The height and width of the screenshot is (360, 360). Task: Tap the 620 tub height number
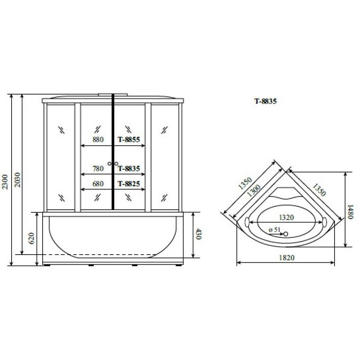point(31,239)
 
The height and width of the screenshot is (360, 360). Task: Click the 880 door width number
point(98,139)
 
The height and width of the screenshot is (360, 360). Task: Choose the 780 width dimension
point(98,169)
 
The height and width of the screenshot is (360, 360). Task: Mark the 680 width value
point(98,184)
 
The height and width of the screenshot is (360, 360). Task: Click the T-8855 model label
point(129,139)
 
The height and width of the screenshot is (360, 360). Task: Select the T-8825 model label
point(129,184)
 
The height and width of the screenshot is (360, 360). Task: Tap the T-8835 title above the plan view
point(265,101)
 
